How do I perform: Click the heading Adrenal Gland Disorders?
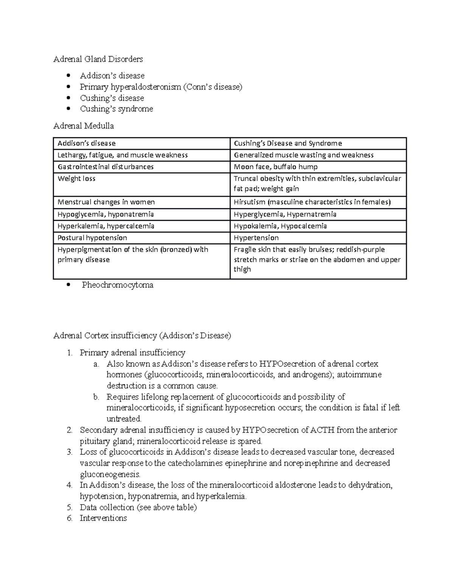[x=98, y=59]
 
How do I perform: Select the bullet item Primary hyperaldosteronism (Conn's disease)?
[x=161, y=87]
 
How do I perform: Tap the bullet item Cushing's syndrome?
[x=117, y=109]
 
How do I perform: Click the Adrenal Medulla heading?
[x=83, y=126]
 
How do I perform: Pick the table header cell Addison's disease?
[x=87, y=143]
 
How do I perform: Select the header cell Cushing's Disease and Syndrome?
[x=288, y=143]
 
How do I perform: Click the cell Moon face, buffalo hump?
[x=275, y=167]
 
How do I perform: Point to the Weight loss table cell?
[x=76, y=178]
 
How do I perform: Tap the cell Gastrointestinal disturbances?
[x=106, y=167]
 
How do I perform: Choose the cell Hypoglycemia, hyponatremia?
[x=106, y=214]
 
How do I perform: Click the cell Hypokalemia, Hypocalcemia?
[x=280, y=226]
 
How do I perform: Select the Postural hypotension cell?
[x=92, y=238]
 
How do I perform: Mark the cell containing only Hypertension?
[x=256, y=238]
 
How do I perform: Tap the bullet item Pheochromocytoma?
[x=117, y=285]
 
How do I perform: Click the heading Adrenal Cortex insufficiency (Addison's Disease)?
[x=142, y=336]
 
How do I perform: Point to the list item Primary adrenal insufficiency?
[x=132, y=353]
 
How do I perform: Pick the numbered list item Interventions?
[x=103, y=518]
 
